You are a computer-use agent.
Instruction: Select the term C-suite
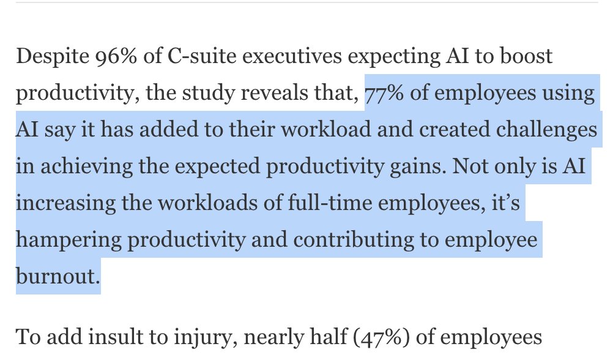point(191,57)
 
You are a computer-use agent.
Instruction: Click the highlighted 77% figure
point(384,94)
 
